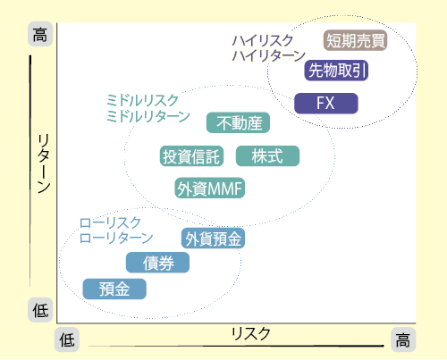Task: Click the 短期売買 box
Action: (x=355, y=40)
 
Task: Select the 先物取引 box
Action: (x=336, y=71)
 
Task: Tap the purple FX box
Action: (x=326, y=104)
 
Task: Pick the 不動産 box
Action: (x=238, y=122)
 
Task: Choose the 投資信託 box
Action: (x=191, y=155)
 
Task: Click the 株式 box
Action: (x=267, y=155)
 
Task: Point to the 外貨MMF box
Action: (x=209, y=188)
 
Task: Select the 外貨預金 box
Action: (x=213, y=239)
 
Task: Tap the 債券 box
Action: (x=157, y=263)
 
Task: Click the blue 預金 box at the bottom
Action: (x=114, y=289)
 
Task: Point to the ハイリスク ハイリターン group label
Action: (x=269, y=48)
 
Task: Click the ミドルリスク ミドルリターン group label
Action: (x=148, y=108)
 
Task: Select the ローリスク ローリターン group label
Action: (x=116, y=230)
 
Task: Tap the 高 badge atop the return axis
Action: (x=40, y=34)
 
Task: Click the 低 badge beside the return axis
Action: (x=40, y=310)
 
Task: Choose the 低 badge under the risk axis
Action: (x=67, y=339)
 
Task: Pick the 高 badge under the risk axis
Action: (x=403, y=339)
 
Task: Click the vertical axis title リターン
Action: (x=44, y=163)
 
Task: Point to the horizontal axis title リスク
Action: (x=251, y=333)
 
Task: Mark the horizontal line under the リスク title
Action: (x=236, y=346)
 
